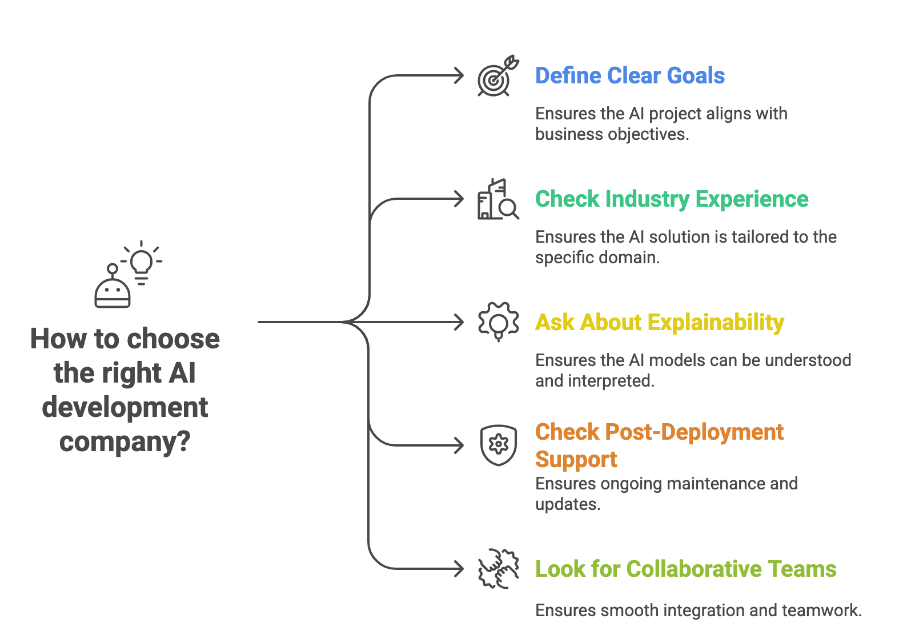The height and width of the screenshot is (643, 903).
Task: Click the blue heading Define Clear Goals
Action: click(x=629, y=76)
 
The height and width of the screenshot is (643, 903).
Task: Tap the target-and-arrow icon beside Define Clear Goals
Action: click(x=497, y=76)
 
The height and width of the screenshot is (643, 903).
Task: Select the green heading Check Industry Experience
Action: click(x=671, y=199)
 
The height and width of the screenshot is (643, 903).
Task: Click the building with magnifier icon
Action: click(x=497, y=199)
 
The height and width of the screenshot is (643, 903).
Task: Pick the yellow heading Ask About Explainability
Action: click(x=659, y=323)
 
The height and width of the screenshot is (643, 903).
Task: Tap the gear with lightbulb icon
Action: click(x=498, y=321)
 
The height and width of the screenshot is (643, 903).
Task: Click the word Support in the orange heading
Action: click(x=576, y=460)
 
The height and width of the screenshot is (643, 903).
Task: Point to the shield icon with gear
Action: click(x=498, y=445)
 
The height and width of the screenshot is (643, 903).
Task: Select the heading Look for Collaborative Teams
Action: click(x=685, y=569)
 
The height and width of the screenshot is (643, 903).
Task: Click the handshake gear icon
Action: click(x=498, y=568)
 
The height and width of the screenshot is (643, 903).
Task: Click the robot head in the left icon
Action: click(x=113, y=292)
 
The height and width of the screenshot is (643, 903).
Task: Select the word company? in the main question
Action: click(x=125, y=441)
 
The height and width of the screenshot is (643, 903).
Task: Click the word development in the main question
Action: click(x=125, y=407)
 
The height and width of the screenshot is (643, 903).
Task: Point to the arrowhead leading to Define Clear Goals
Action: click(x=459, y=75)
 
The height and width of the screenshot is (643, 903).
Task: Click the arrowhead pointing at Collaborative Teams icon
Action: click(x=459, y=569)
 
